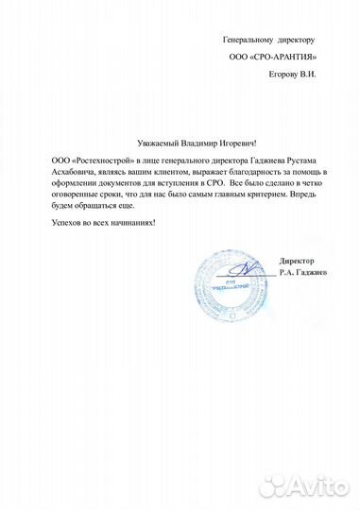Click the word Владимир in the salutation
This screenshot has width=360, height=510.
coord(201,139)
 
